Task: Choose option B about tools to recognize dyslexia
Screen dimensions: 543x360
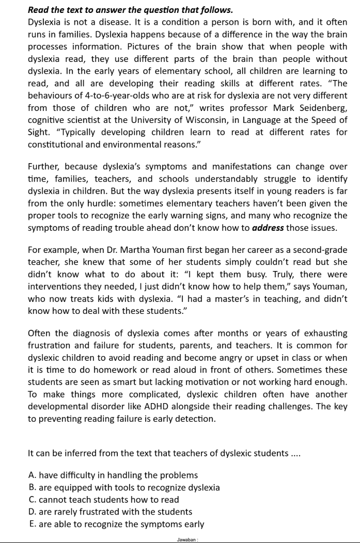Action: tap(124, 487)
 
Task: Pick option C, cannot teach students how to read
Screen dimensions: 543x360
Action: tap(104, 500)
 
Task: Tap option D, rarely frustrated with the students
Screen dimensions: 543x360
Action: tap(111, 512)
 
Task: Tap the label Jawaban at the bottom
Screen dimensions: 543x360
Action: tap(186, 539)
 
